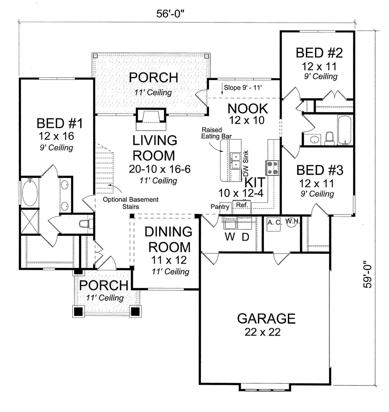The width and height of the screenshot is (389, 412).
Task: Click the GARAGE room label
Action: (x=266, y=318)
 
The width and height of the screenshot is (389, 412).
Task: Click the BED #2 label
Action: (x=316, y=53)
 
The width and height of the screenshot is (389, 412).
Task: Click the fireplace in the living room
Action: (x=151, y=117)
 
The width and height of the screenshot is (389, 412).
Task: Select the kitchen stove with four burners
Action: (x=272, y=167)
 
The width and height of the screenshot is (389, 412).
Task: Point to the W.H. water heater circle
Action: (x=291, y=222)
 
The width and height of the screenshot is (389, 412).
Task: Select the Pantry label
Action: (x=220, y=207)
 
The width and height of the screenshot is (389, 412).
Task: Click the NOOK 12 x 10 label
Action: (x=248, y=113)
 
